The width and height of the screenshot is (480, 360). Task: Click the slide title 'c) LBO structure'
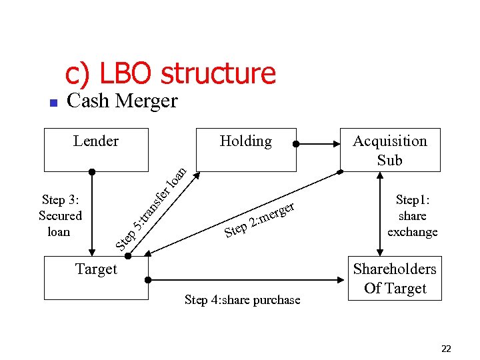pyautogui.click(x=170, y=73)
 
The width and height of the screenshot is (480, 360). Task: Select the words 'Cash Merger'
pyautogui.click(x=123, y=101)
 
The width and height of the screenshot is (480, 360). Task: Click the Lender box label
pyautogui.click(x=96, y=141)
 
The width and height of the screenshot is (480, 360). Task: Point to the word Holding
pyautogui.click(x=245, y=141)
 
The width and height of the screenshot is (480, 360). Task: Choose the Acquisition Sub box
pyautogui.click(x=390, y=150)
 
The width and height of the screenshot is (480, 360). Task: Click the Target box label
pyautogui.click(x=96, y=269)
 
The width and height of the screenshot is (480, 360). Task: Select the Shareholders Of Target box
pyautogui.click(x=395, y=279)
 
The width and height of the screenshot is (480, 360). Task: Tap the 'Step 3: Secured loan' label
pyautogui.click(x=60, y=215)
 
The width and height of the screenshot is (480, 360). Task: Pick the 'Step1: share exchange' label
pyautogui.click(x=413, y=215)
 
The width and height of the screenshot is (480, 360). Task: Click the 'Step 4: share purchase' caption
pyautogui.click(x=242, y=300)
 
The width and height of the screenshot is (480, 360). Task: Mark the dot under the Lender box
pyautogui.click(x=93, y=172)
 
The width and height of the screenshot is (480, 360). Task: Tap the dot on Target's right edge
pyautogui.click(x=148, y=279)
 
